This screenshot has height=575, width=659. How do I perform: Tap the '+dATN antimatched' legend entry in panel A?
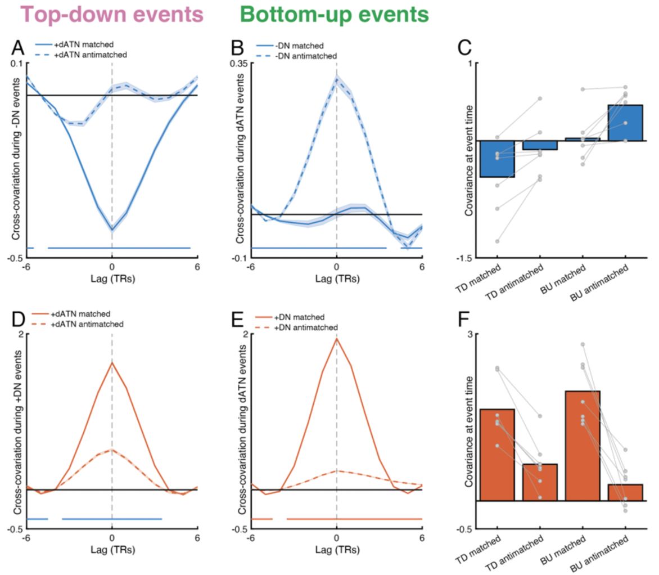click(94, 55)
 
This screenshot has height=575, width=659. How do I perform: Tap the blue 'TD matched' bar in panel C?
click(498, 159)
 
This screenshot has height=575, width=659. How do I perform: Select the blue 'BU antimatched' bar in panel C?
click(626, 123)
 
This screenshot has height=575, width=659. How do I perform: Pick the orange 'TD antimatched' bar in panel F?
click(540, 482)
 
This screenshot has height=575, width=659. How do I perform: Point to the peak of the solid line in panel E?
click(336, 338)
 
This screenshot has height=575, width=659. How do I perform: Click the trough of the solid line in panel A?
click(112, 230)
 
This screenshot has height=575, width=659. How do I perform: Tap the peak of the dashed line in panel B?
click(336, 78)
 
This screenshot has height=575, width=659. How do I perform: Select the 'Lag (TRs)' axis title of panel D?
click(112, 550)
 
